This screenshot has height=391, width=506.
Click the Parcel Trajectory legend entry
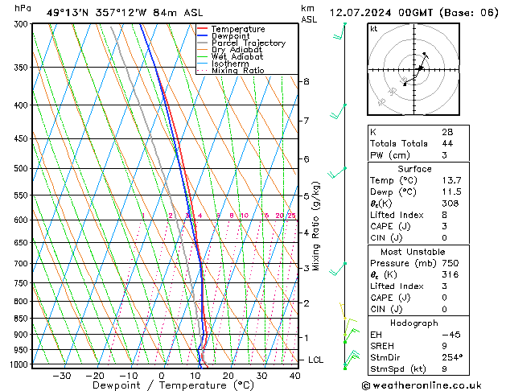tap(248, 43)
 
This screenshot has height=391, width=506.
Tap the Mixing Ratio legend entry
tap(237, 70)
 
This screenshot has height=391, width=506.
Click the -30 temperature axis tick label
tap(61, 376)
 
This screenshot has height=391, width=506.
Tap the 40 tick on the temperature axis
tap(294, 376)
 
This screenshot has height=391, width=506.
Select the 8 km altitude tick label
tap(306, 81)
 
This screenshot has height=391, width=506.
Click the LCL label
tap(315, 360)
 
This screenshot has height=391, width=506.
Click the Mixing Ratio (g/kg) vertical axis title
tap(315, 226)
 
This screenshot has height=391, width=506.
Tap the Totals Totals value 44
tap(447, 143)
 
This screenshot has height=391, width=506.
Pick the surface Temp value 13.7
tap(451, 181)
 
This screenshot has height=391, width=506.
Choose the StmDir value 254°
tap(452, 357)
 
